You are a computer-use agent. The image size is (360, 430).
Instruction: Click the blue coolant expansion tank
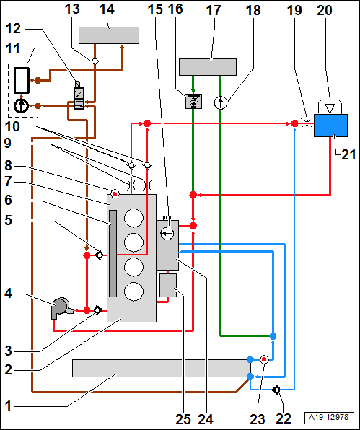click(330, 126)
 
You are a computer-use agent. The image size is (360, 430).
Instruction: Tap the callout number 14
click(107, 9)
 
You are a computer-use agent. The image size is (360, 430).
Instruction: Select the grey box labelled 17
click(208, 67)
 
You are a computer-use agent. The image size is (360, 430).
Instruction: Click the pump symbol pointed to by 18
click(221, 103)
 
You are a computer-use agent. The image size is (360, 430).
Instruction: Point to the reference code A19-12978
click(328, 417)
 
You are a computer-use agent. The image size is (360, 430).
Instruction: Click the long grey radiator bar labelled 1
click(161, 368)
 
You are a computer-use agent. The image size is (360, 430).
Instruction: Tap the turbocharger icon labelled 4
click(61, 308)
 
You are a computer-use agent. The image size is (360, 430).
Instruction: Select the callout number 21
click(348, 154)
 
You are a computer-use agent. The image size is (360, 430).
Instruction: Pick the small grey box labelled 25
click(168, 285)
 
